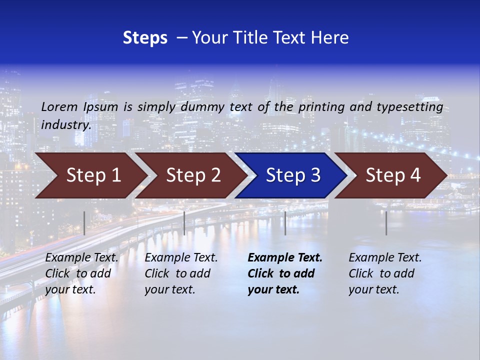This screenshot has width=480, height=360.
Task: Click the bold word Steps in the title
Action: click(x=145, y=37)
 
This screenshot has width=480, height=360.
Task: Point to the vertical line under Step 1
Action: click(x=84, y=223)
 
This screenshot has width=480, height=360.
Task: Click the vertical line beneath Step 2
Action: click(x=184, y=223)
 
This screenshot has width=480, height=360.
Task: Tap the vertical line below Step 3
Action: click(x=285, y=223)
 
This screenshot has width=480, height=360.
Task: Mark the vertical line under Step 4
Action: click(x=386, y=223)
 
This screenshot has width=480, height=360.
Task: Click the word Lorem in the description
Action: click(x=59, y=106)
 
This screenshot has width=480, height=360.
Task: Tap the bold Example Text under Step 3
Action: click(x=285, y=258)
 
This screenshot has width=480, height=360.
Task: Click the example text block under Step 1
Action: click(x=81, y=273)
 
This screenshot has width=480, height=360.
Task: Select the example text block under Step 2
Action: click(x=181, y=273)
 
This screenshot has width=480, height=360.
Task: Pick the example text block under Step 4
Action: click(x=385, y=273)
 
